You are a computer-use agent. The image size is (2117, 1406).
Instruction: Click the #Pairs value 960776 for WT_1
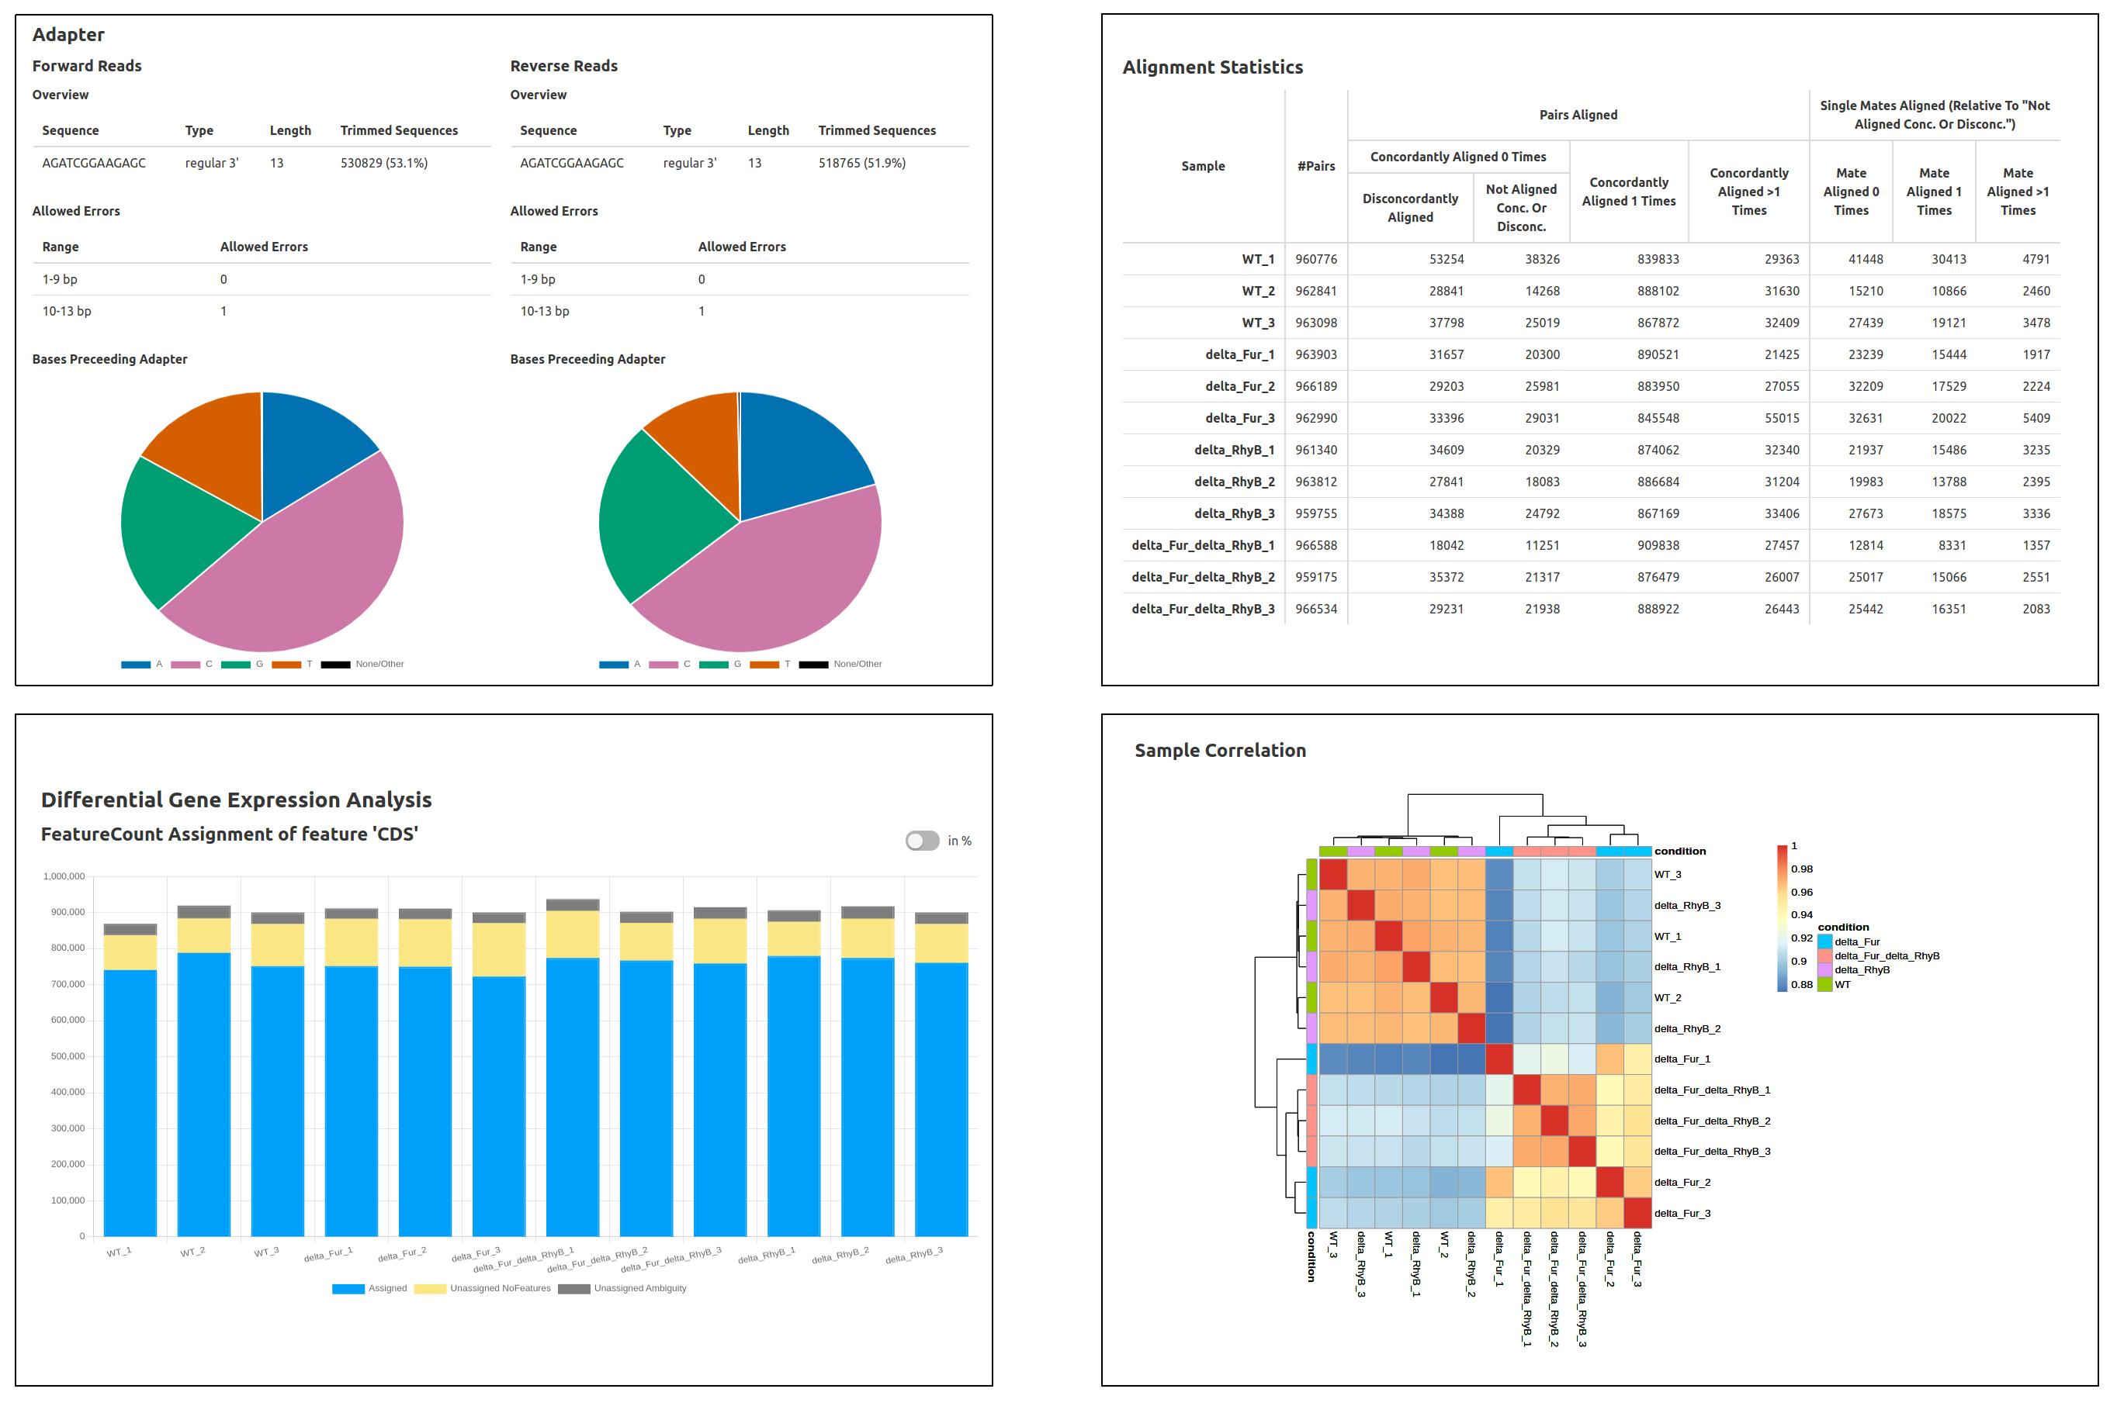coord(1315,259)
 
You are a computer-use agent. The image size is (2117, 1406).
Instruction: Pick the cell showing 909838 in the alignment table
coord(1657,545)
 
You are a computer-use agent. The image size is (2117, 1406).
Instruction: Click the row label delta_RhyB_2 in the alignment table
coord(1233,482)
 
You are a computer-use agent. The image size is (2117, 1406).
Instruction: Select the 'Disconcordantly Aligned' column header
coord(1409,208)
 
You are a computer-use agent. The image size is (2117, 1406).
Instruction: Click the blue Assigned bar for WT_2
coord(203,1094)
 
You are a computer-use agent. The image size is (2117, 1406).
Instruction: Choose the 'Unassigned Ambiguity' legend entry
coord(639,1289)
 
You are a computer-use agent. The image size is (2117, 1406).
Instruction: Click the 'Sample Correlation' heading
coord(1219,751)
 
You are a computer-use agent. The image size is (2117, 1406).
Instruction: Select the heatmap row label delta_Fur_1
coord(1681,1059)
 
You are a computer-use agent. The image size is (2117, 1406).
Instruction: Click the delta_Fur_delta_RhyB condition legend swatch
coord(1824,956)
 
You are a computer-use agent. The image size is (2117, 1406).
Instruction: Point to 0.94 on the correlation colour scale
coord(1800,914)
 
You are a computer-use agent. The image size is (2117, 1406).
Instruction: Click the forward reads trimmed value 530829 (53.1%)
coord(384,163)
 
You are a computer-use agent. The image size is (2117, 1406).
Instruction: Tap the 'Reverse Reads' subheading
coord(563,67)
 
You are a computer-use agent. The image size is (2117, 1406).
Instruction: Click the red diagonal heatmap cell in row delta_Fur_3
coord(1637,1213)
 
